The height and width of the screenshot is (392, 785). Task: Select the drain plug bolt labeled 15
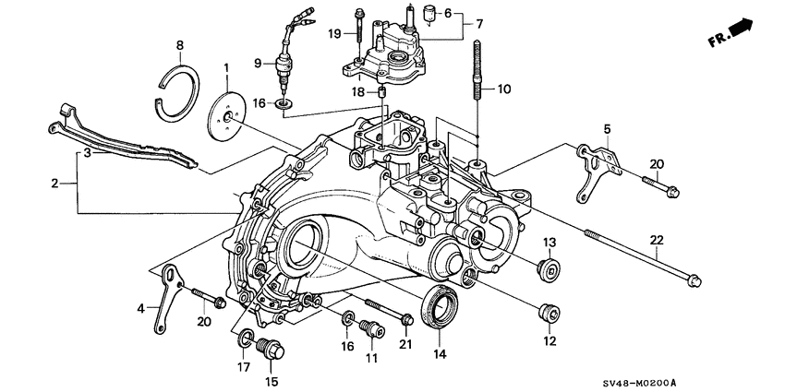coord(272,350)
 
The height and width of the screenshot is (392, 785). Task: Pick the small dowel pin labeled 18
coord(380,94)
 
